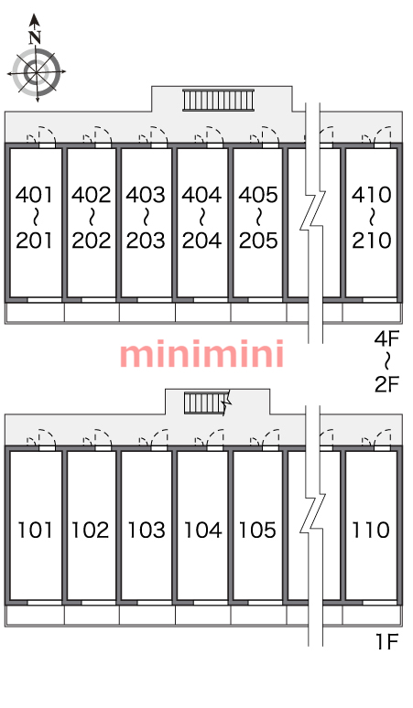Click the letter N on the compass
point(35,38)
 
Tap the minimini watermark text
point(202,354)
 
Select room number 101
point(35,530)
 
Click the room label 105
point(257,530)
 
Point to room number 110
point(371,530)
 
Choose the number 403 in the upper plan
point(146,195)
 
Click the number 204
point(202,240)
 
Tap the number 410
point(372,195)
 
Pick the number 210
point(372,240)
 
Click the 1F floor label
point(386,641)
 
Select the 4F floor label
point(387,338)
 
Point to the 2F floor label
point(387,384)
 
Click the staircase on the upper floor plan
point(218,100)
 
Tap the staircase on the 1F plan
point(207,402)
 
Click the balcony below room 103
point(147,616)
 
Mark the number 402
point(91,195)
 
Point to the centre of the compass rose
point(36,71)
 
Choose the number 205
point(258,240)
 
